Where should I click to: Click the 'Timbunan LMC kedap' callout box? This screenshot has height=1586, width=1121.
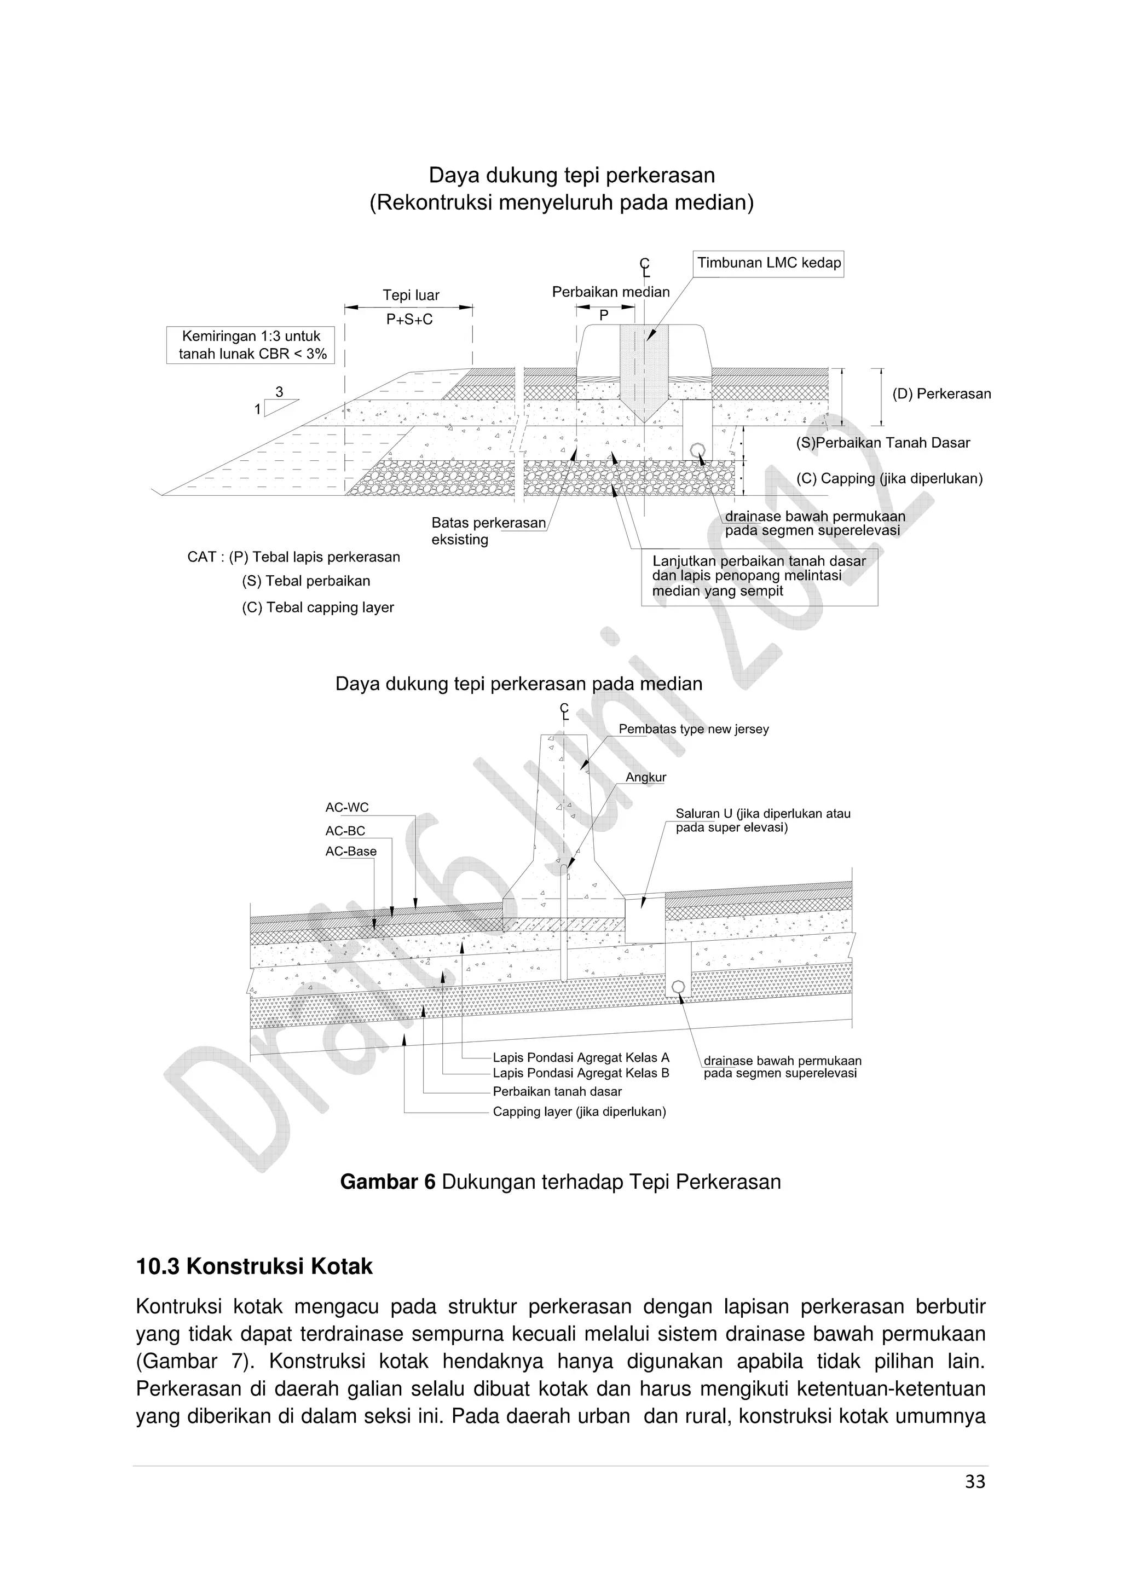tap(768, 263)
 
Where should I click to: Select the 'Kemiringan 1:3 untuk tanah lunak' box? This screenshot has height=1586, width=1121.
tap(251, 345)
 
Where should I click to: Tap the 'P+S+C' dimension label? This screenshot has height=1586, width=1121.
tap(409, 320)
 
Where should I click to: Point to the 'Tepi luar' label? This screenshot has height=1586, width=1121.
tap(411, 296)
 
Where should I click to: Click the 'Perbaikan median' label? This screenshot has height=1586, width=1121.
tap(610, 292)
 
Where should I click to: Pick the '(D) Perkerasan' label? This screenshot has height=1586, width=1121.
tap(941, 395)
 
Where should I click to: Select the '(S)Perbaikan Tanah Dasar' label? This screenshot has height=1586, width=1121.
tap(883, 443)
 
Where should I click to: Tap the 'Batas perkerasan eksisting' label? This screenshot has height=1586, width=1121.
tap(488, 531)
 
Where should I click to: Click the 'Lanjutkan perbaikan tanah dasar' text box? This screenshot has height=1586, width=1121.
tap(759, 577)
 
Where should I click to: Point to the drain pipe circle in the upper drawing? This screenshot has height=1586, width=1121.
tap(697, 450)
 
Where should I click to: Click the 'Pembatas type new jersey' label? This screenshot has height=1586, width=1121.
tap(694, 730)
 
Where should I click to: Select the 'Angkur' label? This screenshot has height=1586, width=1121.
tap(646, 778)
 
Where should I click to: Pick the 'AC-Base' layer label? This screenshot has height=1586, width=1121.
tap(351, 852)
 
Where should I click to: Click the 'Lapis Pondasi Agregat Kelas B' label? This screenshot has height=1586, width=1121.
tap(581, 1073)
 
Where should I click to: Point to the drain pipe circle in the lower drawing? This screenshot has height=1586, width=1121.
tap(678, 986)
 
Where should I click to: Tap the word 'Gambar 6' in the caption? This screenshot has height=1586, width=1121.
tap(388, 1182)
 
